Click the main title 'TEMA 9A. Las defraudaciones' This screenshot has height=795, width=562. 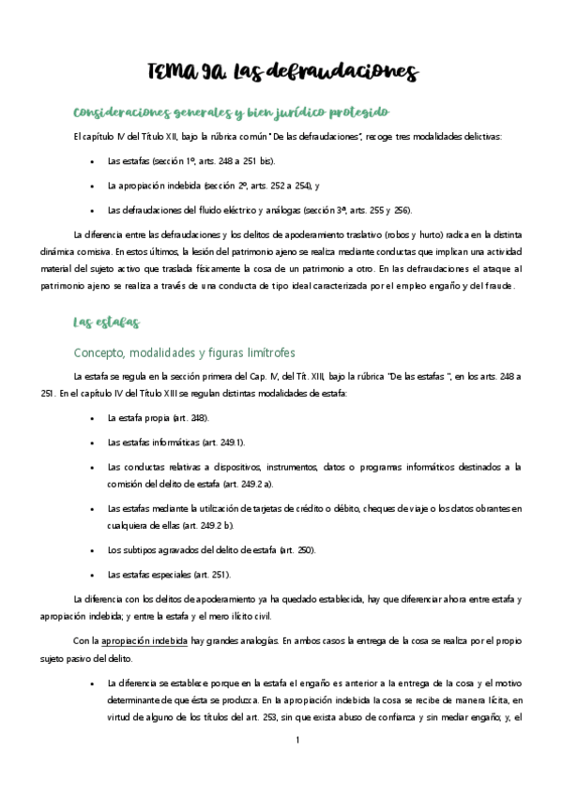point(281,72)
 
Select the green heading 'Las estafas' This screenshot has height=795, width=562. point(107,322)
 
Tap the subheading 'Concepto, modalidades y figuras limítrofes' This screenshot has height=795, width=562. point(184,352)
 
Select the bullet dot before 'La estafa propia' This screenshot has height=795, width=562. point(90,418)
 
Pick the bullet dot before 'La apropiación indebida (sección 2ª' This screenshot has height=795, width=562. point(90,186)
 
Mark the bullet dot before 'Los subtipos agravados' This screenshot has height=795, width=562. point(90,550)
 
